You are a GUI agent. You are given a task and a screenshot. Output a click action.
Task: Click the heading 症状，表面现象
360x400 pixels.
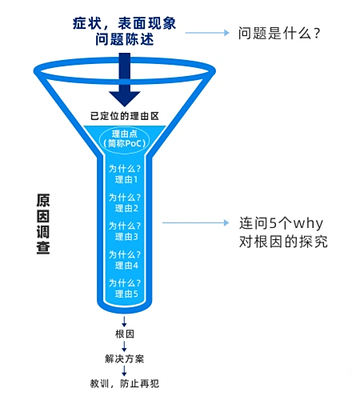point(124,23)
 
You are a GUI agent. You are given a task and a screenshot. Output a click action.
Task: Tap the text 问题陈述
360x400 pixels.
point(125,39)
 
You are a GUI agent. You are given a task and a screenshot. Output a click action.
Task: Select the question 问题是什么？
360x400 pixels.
point(279,33)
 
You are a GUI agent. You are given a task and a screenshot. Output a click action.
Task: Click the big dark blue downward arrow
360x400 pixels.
point(125,79)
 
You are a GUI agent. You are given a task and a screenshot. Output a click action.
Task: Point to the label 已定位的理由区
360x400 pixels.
point(125,116)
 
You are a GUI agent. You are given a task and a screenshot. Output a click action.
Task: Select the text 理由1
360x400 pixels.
point(126,179)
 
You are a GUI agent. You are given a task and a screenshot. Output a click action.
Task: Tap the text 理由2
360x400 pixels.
point(126,208)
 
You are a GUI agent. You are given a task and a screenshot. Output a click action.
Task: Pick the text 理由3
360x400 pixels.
point(126,237)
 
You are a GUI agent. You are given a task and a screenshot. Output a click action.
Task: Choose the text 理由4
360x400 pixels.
point(126,266)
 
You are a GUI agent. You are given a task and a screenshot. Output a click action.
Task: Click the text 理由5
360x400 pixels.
point(126,294)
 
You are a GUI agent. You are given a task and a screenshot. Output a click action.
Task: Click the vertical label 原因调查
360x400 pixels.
point(43,224)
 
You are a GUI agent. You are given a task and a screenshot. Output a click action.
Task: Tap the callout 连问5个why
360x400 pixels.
point(281,223)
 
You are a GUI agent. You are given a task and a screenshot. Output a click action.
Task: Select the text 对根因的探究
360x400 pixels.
point(283,242)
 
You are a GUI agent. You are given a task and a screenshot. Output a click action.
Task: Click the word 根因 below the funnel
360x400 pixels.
point(125,334)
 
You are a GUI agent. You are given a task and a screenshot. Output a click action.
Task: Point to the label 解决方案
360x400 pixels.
point(125,358)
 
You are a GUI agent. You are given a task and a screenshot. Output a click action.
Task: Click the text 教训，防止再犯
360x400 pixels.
point(125,383)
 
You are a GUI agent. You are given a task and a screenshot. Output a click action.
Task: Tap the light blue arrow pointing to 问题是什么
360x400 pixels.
point(207,33)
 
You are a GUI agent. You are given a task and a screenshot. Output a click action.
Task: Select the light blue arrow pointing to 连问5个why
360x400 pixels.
point(196,222)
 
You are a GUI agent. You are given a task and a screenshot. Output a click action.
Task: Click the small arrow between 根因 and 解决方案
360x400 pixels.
point(124,346)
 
